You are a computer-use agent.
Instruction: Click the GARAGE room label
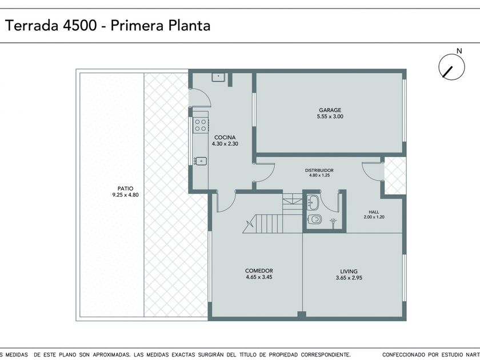point(330,110)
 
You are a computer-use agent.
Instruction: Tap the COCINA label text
point(225,138)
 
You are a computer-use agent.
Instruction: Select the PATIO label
point(125,189)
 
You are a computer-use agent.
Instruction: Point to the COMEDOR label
point(259,271)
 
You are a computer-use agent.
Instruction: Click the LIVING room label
point(349,271)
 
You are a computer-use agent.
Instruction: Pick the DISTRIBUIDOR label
point(319,170)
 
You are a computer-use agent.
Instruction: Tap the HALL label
point(374,212)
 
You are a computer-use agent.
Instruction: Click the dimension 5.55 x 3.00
point(330,117)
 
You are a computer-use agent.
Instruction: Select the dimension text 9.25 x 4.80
point(126,195)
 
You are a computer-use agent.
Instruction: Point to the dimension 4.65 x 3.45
point(259,277)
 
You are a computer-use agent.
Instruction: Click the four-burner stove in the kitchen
point(201,125)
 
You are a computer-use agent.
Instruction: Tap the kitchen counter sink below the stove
point(200,161)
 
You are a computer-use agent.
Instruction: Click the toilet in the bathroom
point(314,219)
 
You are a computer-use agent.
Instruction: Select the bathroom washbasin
point(313,202)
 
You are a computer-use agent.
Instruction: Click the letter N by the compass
point(459,51)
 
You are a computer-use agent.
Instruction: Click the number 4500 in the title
point(79,25)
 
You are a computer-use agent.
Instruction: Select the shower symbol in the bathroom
point(333,222)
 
